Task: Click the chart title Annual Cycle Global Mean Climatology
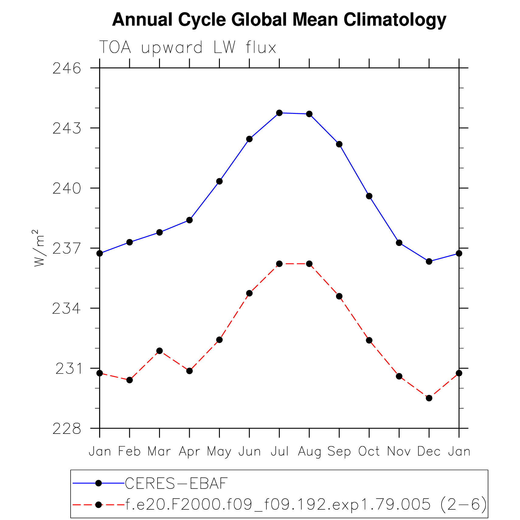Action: [x=279, y=20]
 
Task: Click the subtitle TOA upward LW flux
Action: [x=188, y=47]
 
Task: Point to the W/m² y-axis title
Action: [x=39, y=248]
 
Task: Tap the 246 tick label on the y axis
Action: [x=67, y=69]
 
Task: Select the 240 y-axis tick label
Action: [x=67, y=189]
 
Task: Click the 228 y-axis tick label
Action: [x=67, y=429]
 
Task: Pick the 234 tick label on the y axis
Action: [x=67, y=309]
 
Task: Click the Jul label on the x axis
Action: [x=279, y=451]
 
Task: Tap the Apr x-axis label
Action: [x=189, y=451]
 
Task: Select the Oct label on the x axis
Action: [x=369, y=451]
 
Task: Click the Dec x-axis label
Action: [x=429, y=451]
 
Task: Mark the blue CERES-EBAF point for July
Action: [x=279, y=113]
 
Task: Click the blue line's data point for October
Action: [x=369, y=196]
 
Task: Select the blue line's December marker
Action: [x=429, y=261]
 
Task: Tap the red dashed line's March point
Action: [x=160, y=351]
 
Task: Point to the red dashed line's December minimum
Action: [x=429, y=398]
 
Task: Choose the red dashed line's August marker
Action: [x=309, y=264]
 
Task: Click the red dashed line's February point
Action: [x=130, y=380]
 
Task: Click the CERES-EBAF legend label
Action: [x=176, y=483]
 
